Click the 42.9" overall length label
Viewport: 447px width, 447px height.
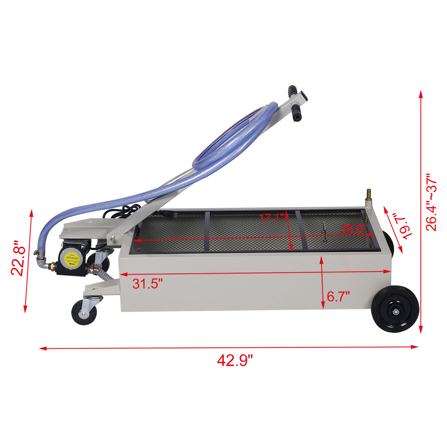(x=235, y=360)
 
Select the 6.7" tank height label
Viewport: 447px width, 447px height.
(x=338, y=296)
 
